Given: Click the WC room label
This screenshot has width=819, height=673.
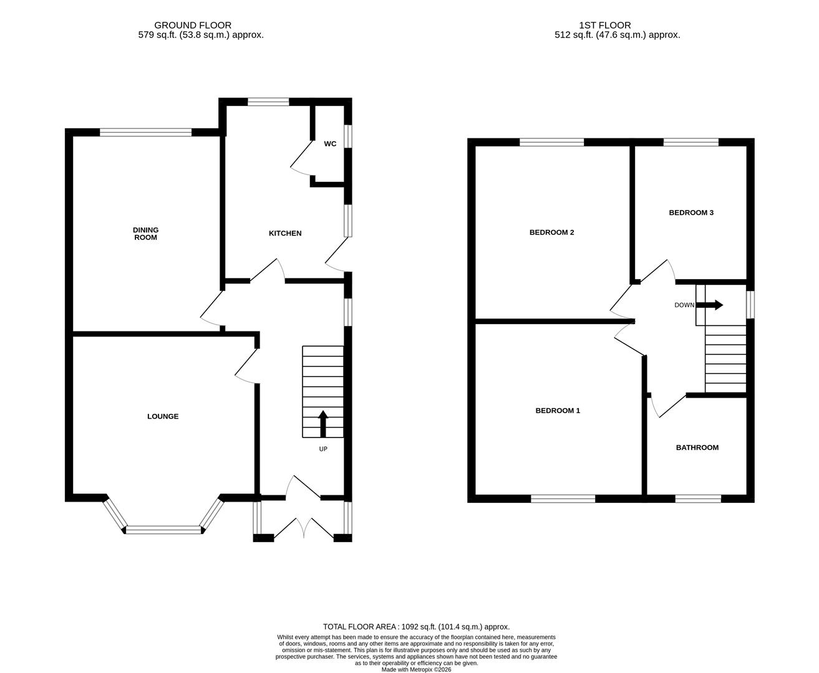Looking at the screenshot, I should click(330, 144).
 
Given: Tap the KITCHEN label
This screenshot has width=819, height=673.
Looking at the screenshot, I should click(285, 233).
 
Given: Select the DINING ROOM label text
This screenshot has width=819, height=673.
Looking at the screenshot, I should click(145, 234).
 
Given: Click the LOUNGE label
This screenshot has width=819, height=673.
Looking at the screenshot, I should click(163, 416).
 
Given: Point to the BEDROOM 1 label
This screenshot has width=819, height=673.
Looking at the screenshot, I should click(558, 411).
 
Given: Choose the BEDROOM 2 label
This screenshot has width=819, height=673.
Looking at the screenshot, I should click(551, 232).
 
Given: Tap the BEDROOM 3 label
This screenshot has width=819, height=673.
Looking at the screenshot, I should click(691, 212).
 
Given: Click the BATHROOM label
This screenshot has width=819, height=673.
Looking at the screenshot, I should click(697, 447).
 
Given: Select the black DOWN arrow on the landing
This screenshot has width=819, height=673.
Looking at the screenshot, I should click(710, 305).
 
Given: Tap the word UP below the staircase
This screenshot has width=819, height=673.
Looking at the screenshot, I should click(323, 449).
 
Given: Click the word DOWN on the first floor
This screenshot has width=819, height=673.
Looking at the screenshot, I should click(684, 305).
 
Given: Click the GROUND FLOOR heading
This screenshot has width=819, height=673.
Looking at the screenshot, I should click(193, 26).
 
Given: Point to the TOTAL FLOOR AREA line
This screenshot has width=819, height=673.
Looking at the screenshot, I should click(416, 626).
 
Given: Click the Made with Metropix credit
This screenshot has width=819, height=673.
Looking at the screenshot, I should click(416, 670).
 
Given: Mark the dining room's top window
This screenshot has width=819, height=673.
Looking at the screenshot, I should click(145, 132).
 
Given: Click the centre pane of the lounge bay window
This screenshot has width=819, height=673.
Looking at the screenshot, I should click(165, 530).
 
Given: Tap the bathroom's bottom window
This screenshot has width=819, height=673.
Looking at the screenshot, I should click(698, 499).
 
